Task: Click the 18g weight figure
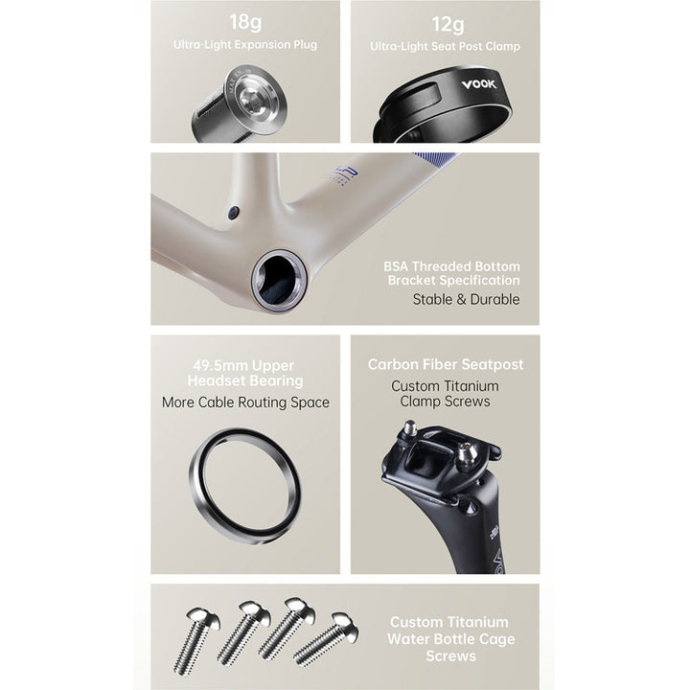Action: pos(245,22)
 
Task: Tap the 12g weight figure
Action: pos(448,24)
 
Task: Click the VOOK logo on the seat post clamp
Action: pos(479,84)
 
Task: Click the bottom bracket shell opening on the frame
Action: pos(279,280)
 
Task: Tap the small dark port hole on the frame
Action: pos(234,213)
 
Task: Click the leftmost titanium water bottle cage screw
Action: pos(196,638)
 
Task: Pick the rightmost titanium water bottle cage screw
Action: pos(327,640)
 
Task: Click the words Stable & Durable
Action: pos(466,299)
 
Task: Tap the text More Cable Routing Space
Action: pos(245,402)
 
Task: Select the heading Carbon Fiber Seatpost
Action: pos(446,364)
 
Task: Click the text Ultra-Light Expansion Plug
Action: pos(245,44)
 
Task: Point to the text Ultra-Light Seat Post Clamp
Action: pos(445,46)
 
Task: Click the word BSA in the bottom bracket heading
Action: pos(396,266)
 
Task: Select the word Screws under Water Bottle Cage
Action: pos(451,656)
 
